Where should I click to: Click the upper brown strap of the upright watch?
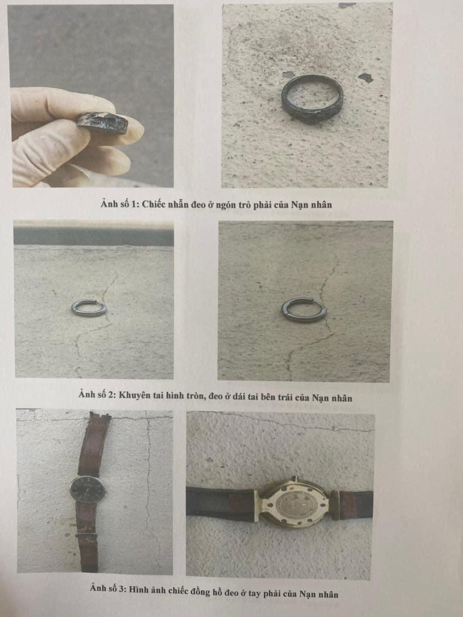click(93, 444)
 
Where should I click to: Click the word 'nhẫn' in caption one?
click(178, 205)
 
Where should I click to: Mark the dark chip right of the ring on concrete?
click(366, 77)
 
